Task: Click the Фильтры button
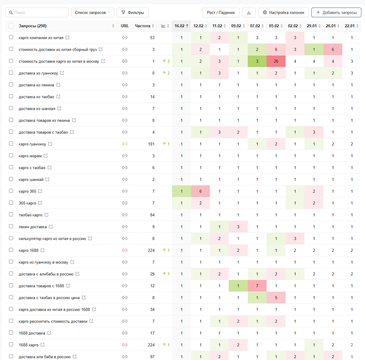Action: [x=133, y=12]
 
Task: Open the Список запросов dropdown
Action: [x=92, y=12]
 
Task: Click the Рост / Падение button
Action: [x=221, y=12]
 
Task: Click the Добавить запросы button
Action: [x=336, y=12]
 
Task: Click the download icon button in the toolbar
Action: [x=249, y=12]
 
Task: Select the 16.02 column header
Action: [x=180, y=26]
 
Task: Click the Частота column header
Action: [x=143, y=26]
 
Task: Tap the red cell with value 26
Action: [x=276, y=61]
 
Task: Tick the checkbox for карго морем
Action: [x=11, y=155]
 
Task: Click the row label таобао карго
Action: [x=31, y=215]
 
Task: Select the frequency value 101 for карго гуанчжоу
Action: [x=151, y=144]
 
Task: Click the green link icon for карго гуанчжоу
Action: [x=125, y=144]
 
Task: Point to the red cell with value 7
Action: [x=257, y=286]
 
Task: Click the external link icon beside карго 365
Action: [x=40, y=191]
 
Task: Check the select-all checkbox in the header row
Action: [x=11, y=26]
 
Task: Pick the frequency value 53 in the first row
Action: [x=152, y=38]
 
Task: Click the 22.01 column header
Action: [x=350, y=26]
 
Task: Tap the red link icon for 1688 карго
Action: [x=125, y=345]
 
